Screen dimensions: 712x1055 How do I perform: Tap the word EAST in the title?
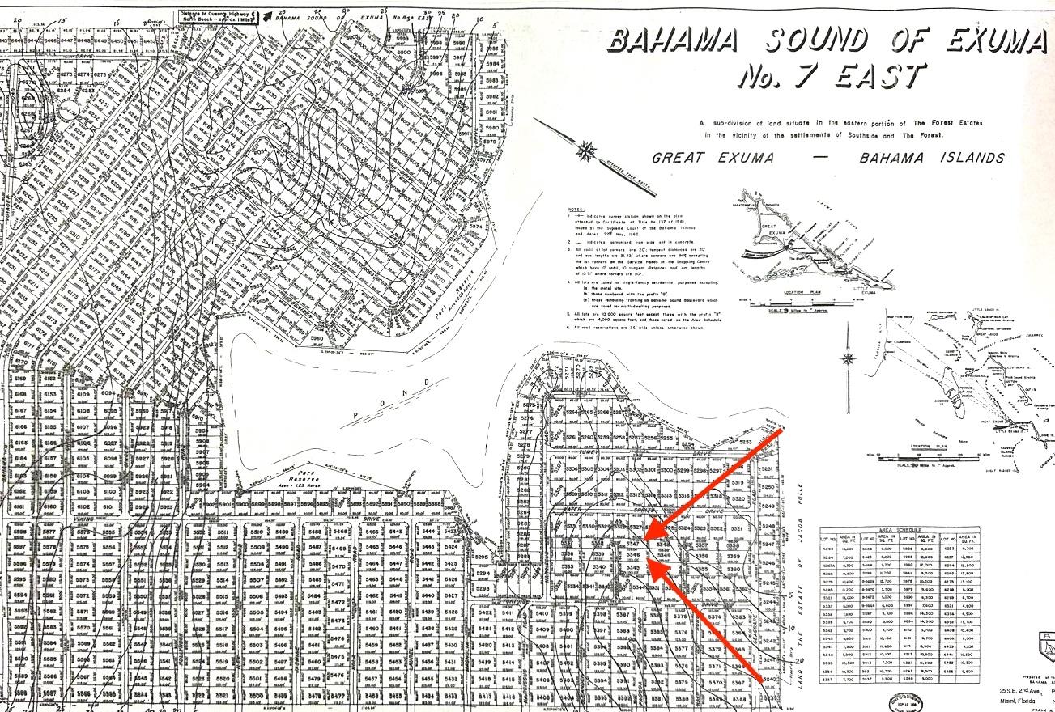click(874, 78)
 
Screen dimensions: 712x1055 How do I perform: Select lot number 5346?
click(633, 556)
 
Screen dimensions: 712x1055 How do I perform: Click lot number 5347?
click(633, 544)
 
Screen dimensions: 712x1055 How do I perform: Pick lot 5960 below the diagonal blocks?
click(317, 337)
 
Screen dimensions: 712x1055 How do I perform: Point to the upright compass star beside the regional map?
click(849, 358)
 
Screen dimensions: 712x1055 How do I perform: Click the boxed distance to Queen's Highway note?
click(217, 17)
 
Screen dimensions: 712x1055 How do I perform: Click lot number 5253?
click(745, 443)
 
